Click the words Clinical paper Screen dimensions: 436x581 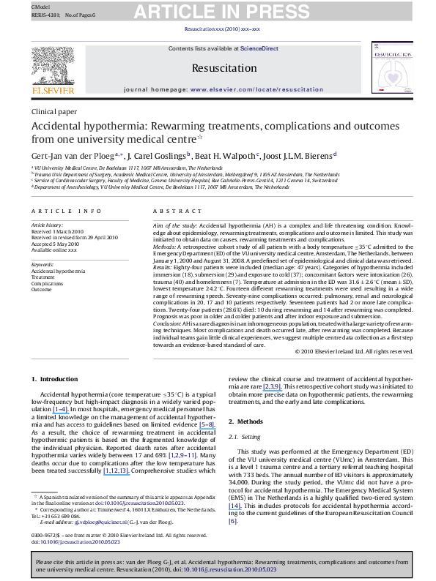point(53,112)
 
